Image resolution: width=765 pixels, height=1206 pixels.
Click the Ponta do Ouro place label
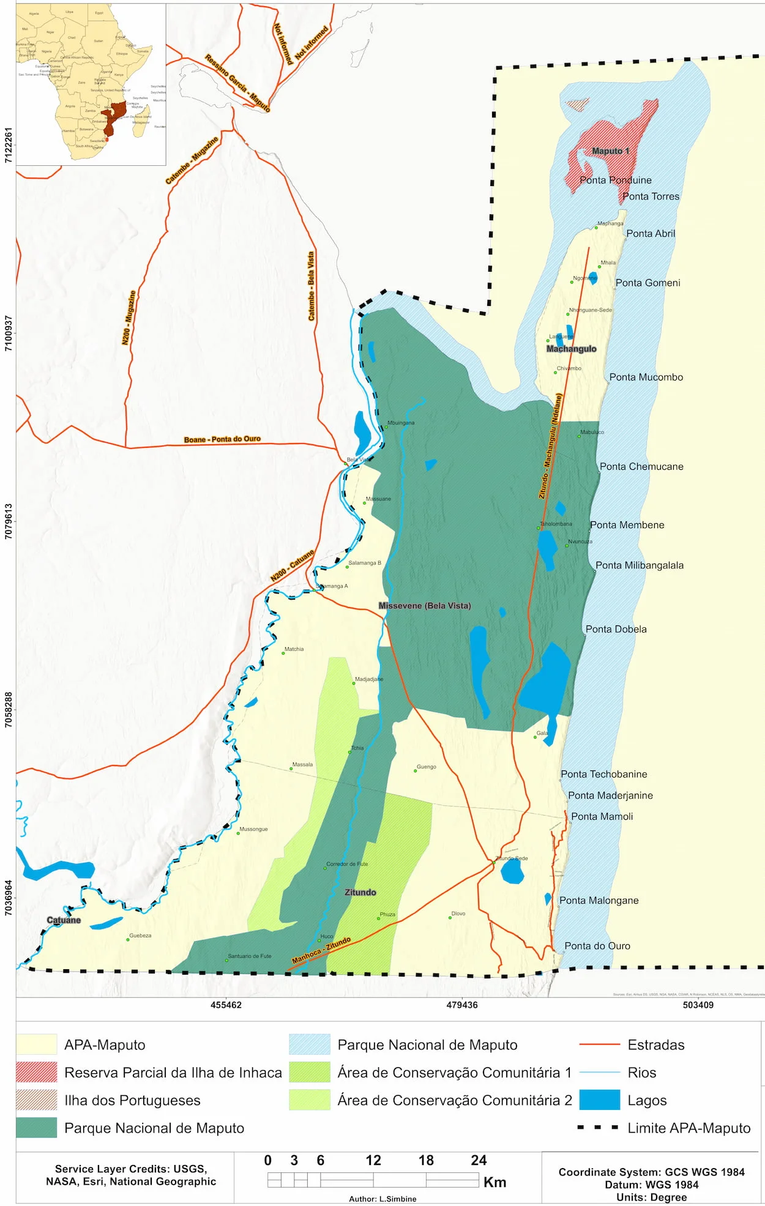tap(597, 946)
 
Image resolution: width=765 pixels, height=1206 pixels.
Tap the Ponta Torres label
tap(651, 196)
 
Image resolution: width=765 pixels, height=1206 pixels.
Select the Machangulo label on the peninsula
tap(571, 349)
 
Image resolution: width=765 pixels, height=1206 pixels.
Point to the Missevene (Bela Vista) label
tap(425, 606)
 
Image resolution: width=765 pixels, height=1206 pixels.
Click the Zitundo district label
tap(360, 892)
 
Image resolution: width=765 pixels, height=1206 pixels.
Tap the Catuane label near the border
tap(64, 920)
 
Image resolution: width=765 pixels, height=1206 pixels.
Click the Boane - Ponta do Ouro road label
tap(222, 439)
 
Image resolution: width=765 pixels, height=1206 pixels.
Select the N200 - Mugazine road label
tap(129, 318)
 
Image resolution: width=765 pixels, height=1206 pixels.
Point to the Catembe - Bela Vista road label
tap(311, 286)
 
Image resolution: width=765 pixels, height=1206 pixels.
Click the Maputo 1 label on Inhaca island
tap(610, 151)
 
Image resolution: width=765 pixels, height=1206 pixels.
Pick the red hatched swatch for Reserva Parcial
tap(36, 1073)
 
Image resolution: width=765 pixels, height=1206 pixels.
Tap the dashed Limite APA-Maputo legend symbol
tap(598, 1128)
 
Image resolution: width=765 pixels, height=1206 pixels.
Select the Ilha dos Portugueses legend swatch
tap(36, 1100)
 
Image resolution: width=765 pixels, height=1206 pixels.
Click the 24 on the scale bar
tap(479, 1160)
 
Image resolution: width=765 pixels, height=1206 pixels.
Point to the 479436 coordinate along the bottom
tap(462, 1005)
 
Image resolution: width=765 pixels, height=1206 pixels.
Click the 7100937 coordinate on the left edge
tap(9, 333)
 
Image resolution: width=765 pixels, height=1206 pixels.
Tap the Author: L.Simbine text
tap(382, 1199)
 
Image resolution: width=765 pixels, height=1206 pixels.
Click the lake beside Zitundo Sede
tap(512, 872)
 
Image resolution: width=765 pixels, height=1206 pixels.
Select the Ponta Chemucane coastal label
tap(641, 466)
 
